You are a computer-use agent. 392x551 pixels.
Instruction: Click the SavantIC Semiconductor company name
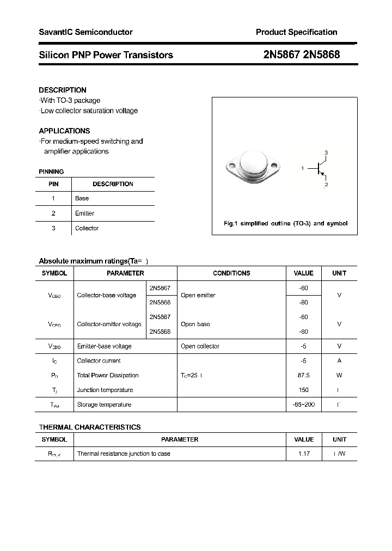(x=85, y=32)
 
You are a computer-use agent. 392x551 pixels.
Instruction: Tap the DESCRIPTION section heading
(x=63, y=90)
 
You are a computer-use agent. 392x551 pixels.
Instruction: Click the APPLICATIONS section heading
(x=64, y=131)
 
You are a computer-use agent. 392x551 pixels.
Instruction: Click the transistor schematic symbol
(x=319, y=169)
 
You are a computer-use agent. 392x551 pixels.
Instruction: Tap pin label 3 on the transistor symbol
(x=326, y=152)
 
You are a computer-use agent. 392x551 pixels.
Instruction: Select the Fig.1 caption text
(x=285, y=223)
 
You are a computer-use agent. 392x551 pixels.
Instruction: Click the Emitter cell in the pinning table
(x=84, y=213)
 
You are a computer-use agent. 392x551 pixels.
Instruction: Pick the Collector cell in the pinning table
(x=87, y=228)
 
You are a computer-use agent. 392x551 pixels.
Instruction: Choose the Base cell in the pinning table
(x=82, y=198)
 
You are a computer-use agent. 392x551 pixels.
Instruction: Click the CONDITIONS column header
(x=231, y=273)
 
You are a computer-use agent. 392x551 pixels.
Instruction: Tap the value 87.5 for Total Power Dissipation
(x=303, y=375)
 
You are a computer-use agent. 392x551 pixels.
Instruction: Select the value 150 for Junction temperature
(x=303, y=390)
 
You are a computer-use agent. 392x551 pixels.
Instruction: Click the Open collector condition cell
(x=200, y=346)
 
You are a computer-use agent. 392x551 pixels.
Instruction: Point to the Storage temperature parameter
(x=104, y=405)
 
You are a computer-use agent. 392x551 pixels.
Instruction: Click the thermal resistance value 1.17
(x=303, y=454)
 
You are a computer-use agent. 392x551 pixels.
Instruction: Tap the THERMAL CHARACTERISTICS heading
(x=90, y=427)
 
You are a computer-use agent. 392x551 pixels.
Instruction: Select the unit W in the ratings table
(x=339, y=375)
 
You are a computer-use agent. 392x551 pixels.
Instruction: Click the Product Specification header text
(x=296, y=32)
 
